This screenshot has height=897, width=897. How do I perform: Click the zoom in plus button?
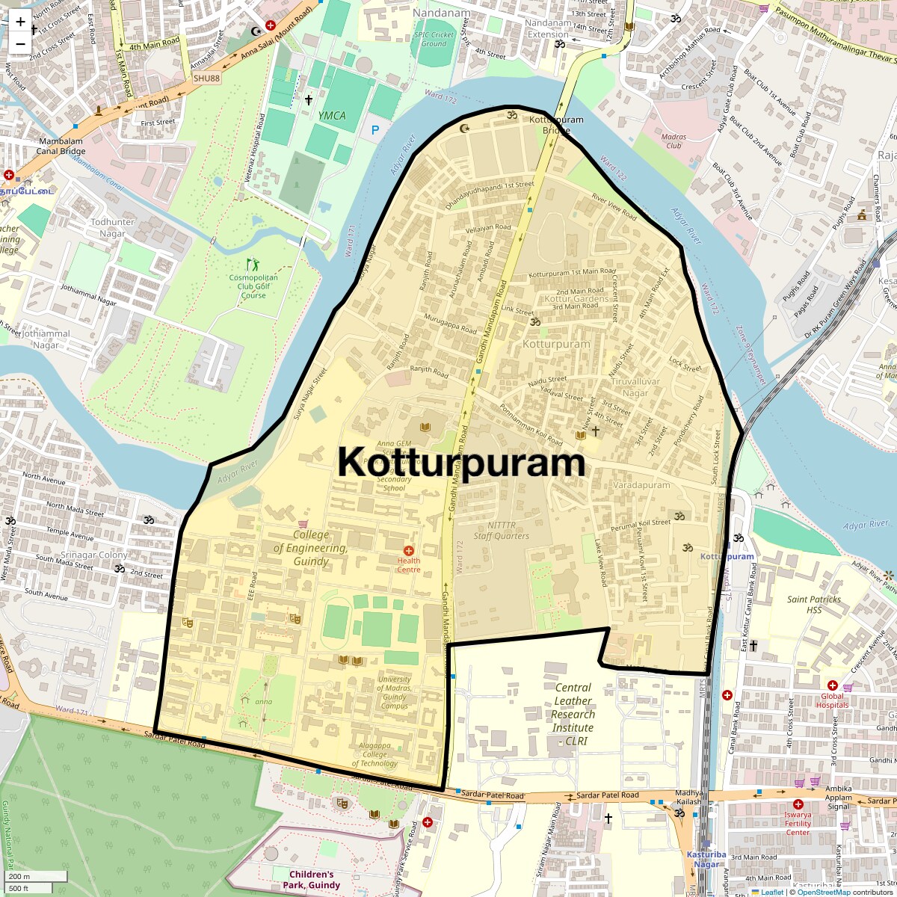click(20, 21)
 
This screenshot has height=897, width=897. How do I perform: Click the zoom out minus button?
click(20, 43)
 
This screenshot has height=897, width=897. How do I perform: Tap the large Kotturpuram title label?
click(461, 463)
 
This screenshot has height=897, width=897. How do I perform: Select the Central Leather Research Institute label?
click(573, 714)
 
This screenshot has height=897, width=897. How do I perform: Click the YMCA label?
click(332, 115)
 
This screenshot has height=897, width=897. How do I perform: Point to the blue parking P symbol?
click(374, 130)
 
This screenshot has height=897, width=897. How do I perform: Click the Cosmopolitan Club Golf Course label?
click(253, 286)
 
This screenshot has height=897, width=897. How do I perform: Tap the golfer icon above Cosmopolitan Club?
click(252, 264)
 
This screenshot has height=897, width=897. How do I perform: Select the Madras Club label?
click(673, 141)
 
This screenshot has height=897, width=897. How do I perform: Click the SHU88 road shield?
click(206, 78)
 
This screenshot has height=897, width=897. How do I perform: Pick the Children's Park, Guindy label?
click(311, 880)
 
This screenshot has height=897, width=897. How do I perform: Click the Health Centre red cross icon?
click(409, 551)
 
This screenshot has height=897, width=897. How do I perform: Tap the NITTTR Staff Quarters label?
click(501, 531)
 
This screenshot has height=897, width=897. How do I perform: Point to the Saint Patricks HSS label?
click(813, 604)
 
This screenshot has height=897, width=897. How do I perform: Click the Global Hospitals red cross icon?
click(833, 685)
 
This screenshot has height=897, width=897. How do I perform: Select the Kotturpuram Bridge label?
click(556, 125)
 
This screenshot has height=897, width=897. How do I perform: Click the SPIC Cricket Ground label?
click(434, 39)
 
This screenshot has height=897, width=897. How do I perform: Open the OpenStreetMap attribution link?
click(823, 892)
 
